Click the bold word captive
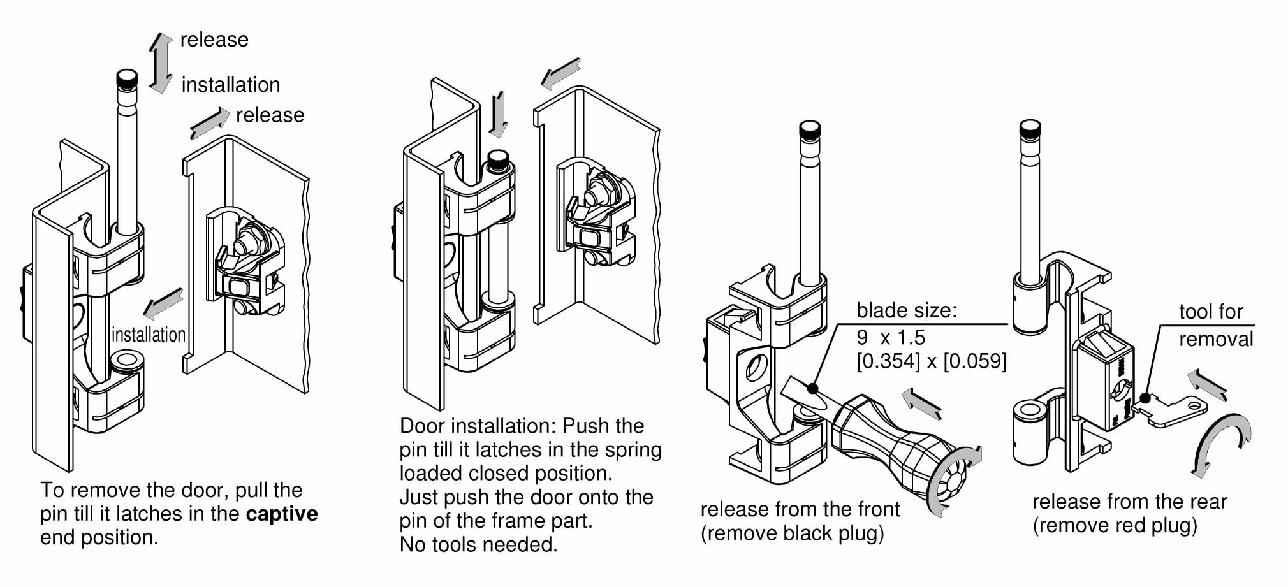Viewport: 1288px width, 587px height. coord(282,514)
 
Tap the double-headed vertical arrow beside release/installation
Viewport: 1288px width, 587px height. coord(161,62)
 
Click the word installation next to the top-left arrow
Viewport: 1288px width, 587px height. coord(230,85)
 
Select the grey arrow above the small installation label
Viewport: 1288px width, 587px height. coord(163,303)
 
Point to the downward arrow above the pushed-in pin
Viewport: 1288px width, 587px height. coord(499,114)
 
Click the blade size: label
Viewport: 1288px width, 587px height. coord(906,310)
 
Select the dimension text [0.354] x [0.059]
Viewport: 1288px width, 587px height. coord(931,361)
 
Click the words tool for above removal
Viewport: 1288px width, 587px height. coord(1210,312)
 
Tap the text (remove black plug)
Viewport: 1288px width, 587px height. coord(792,533)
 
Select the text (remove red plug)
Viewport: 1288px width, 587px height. coord(1115,526)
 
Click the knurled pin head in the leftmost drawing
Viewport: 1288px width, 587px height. coord(126,80)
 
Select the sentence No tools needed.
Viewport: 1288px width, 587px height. coord(478,545)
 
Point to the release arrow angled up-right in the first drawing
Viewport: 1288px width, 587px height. coord(209,123)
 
